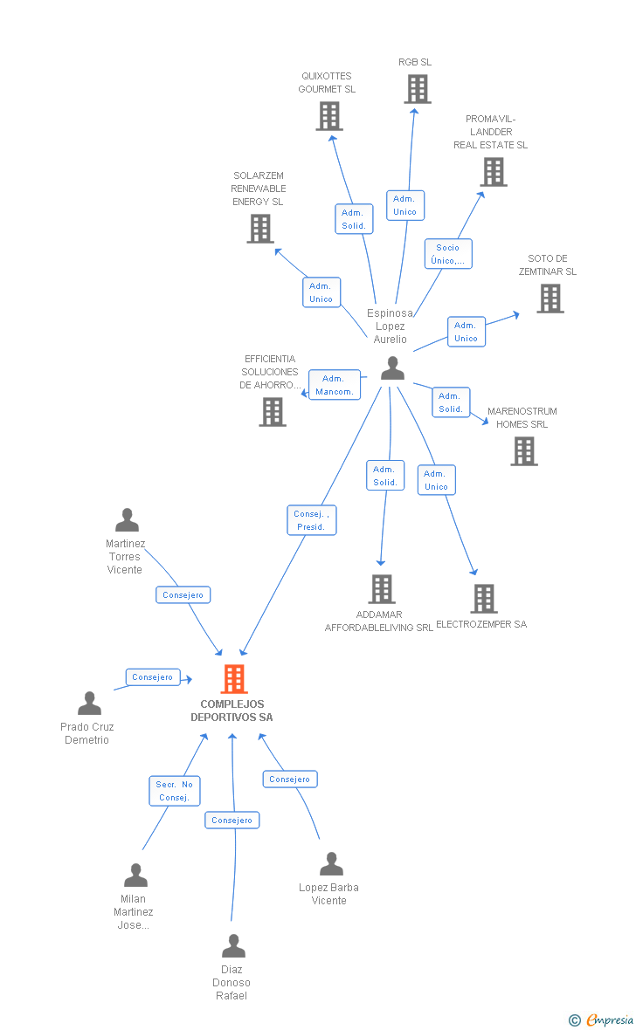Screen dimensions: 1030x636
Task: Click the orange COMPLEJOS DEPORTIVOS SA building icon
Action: click(234, 678)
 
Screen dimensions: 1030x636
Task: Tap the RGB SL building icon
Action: click(418, 89)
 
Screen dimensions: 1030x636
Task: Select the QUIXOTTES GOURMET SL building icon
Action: click(329, 116)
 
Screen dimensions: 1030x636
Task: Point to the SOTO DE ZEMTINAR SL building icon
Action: click(550, 299)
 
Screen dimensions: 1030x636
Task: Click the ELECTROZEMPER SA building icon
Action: click(484, 599)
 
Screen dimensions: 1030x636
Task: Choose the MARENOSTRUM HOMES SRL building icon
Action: click(524, 451)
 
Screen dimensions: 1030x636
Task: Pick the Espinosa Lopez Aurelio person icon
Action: click(393, 368)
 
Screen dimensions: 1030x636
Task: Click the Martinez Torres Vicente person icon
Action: click(128, 520)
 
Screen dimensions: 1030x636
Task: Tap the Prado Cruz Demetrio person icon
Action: click(89, 704)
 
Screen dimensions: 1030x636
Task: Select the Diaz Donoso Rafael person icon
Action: click(233, 946)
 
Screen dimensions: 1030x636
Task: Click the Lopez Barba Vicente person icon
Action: click(331, 864)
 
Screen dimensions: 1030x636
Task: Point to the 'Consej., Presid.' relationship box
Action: click(311, 520)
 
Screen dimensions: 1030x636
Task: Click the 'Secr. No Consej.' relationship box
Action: click(175, 791)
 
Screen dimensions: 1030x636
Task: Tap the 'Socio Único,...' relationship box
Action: click(448, 254)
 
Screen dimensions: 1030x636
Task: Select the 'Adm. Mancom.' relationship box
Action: click(335, 385)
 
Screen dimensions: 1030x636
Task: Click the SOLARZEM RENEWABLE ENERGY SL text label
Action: click(259, 189)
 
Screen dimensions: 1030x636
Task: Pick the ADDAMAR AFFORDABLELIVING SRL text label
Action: click(379, 621)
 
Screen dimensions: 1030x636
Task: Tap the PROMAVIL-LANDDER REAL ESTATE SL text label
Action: click(491, 132)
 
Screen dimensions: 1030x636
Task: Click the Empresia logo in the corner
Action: click(603, 1020)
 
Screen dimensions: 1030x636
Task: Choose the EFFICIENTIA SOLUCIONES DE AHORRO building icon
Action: click(273, 411)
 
